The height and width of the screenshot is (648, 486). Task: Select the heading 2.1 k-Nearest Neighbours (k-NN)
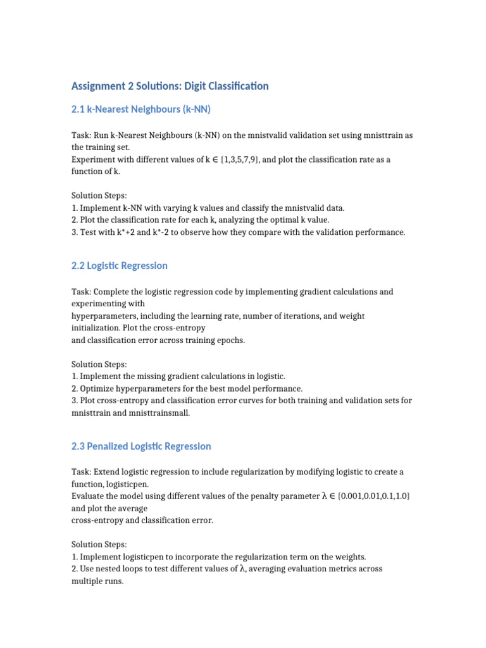[x=141, y=109]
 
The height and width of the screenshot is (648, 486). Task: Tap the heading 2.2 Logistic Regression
[x=120, y=266]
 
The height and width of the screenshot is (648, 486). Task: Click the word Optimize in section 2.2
[x=97, y=388]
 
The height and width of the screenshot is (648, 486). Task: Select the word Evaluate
[x=89, y=496]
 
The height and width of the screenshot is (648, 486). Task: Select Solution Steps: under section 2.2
[x=99, y=364]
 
